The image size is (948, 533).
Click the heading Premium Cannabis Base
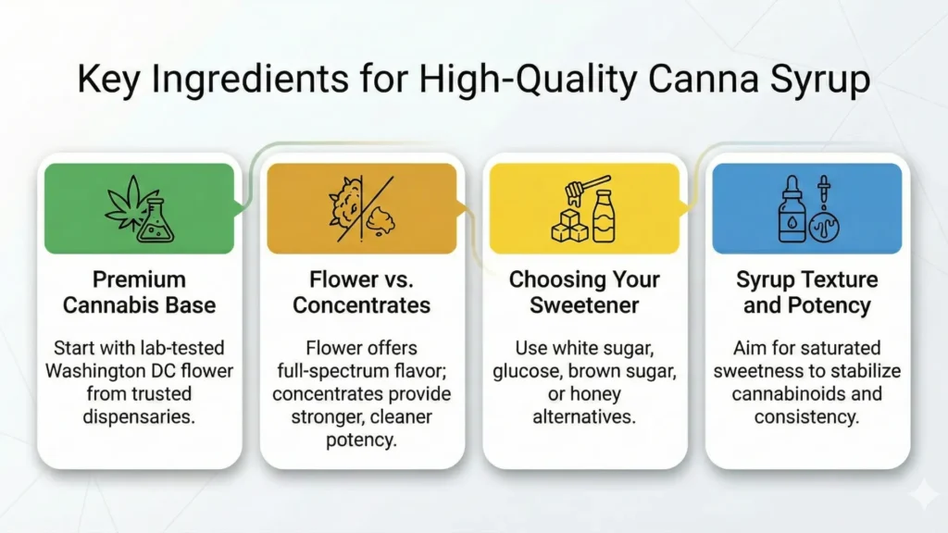point(140,291)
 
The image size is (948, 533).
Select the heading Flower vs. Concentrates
point(362,291)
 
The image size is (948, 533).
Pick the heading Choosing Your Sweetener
point(585,291)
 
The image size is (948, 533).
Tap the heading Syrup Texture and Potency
point(806,291)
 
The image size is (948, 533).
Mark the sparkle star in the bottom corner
point(922,497)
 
